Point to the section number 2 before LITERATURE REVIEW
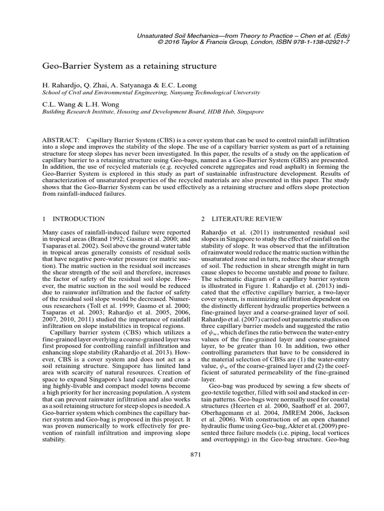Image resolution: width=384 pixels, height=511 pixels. point(202,219)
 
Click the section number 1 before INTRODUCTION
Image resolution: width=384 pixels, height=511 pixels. point(44,219)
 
